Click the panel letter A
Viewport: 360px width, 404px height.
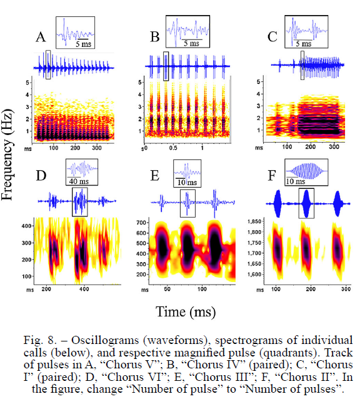click(x=41, y=37)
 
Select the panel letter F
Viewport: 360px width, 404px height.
click(x=272, y=176)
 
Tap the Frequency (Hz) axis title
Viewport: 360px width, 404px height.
click(x=7, y=155)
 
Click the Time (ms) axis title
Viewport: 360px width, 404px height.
click(x=186, y=311)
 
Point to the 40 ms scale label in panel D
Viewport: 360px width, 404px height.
click(x=79, y=181)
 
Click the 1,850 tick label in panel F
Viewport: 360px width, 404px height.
click(x=254, y=221)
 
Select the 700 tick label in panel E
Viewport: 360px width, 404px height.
click(x=141, y=223)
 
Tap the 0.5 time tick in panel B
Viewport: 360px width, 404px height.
click(x=173, y=148)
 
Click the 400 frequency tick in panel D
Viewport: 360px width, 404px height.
click(x=26, y=226)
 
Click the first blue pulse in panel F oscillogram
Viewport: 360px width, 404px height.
click(x=278, y=203)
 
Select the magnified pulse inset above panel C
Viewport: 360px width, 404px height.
click(x=306, y=32)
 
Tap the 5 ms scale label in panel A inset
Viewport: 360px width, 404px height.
click(x=83, y=44)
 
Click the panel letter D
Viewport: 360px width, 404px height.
click(x=41, y=176)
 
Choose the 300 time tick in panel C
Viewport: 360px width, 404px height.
click(x=334, y=147)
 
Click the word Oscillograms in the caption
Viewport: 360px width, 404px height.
click(x=105, y=340)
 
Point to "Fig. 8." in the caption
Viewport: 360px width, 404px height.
click(x=40, y=340)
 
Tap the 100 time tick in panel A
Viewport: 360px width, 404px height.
click(x=54, y=148)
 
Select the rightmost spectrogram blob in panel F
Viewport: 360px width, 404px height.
click(x=338, y=251)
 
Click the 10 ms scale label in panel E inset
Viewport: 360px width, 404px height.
click(x=187, y=183)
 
